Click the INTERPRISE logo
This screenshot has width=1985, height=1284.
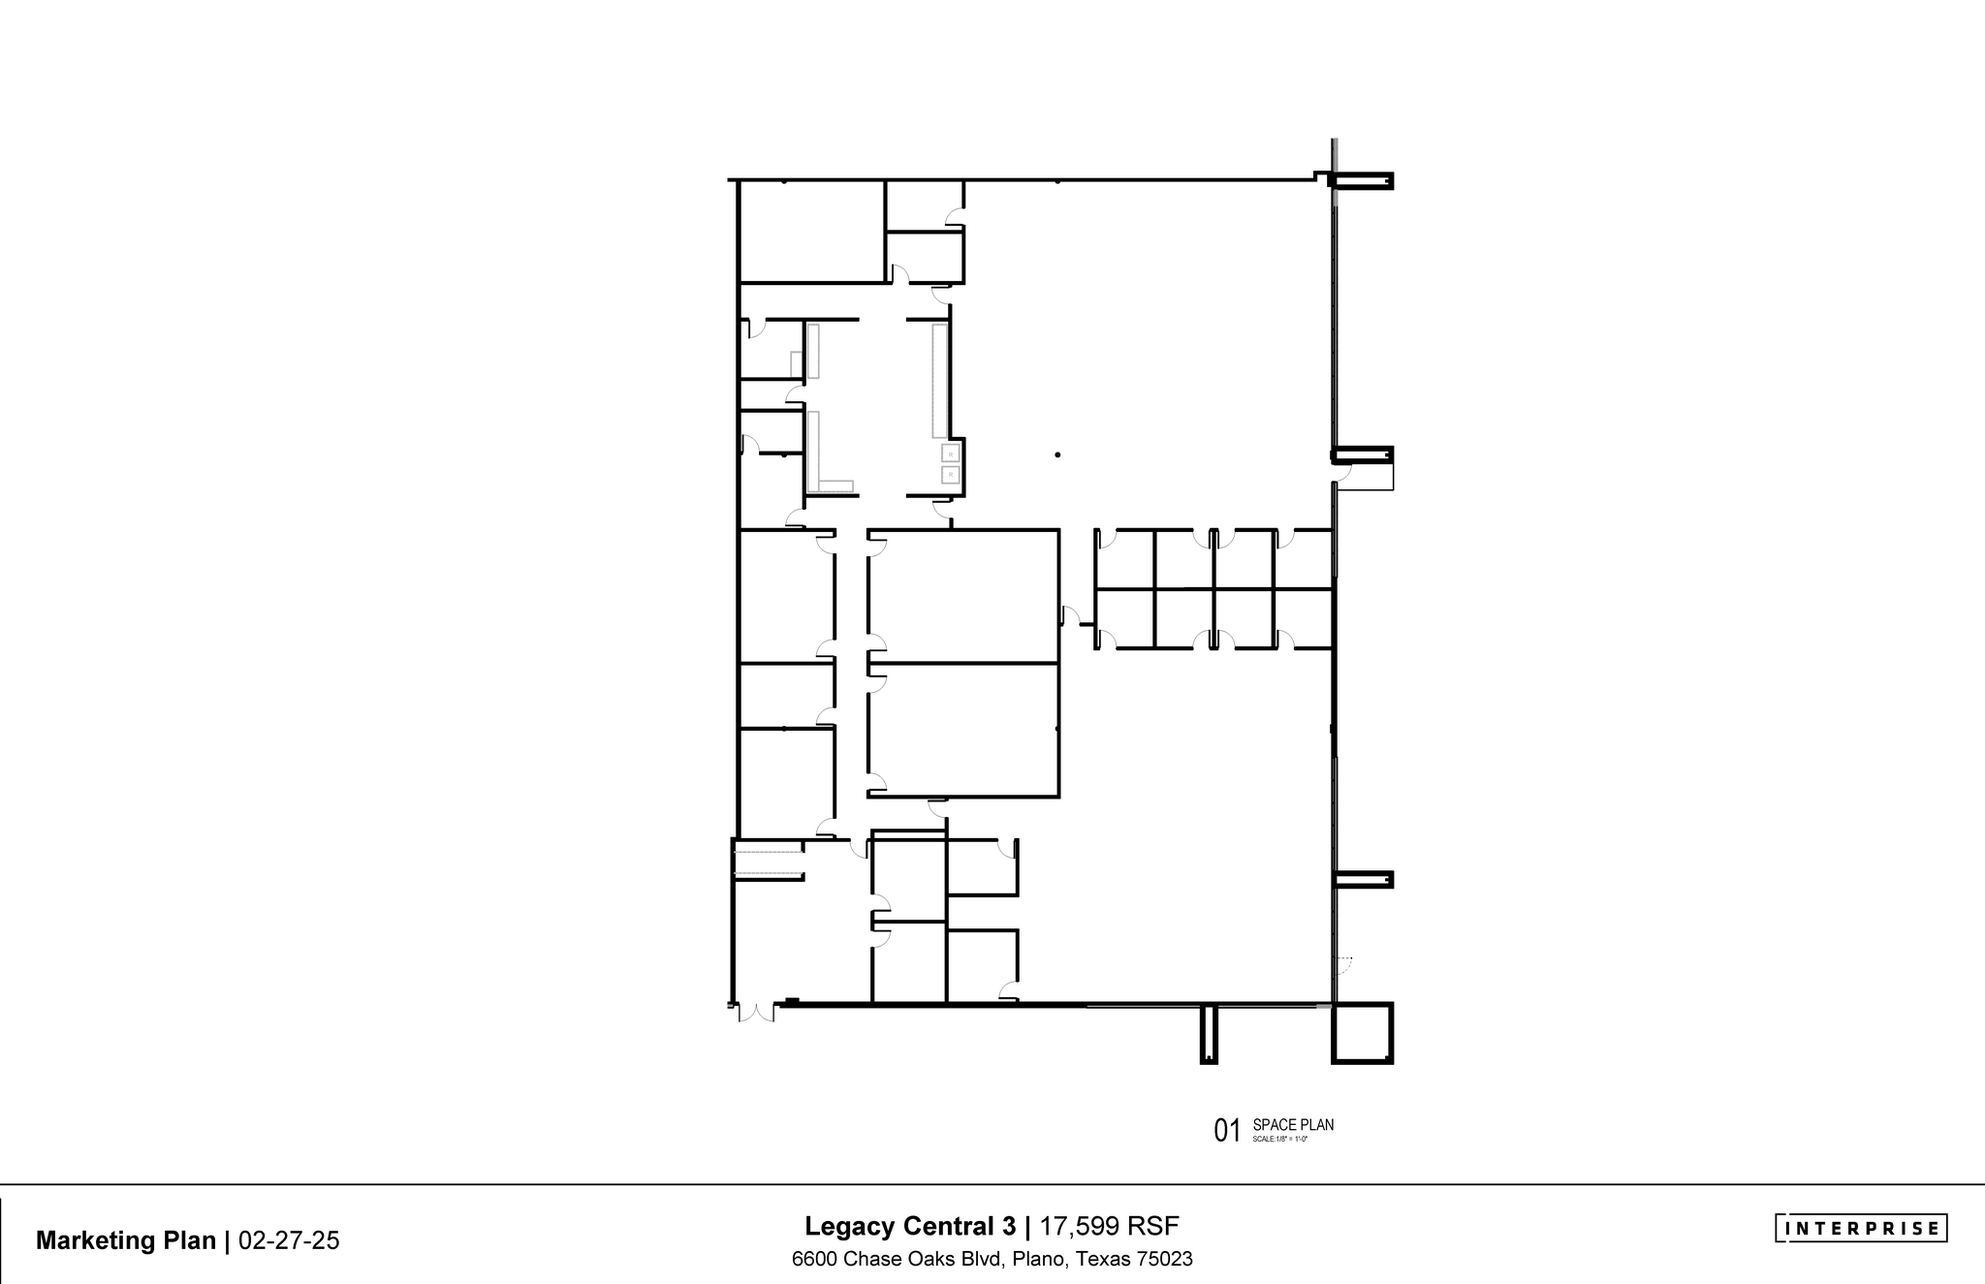[x=1861, y=1229]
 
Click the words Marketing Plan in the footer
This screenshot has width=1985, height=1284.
[x=126, y=1241]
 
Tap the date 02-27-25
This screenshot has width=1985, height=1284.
[x=289, y=1241]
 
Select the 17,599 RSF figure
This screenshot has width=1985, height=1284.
[x=1109, y=1227]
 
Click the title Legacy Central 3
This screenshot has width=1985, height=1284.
[x=910, y=1227]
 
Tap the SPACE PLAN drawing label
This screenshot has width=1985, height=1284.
[x=1293, y=1125]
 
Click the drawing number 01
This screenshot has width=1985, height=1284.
[x=1227, y=1131]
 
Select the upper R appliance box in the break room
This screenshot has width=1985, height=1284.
[x=951, y=454]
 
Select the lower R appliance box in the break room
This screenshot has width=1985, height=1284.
[x=951, y=475]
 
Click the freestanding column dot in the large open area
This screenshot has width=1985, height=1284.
[x=1057, y=454]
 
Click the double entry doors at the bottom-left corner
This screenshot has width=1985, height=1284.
[x=755, y=1013]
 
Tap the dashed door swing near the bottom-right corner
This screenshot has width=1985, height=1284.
[x=1343, y=964]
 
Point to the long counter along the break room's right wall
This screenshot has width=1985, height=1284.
[x=938, y=381]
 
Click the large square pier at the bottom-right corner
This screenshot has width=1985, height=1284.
[x=1363, y=1033]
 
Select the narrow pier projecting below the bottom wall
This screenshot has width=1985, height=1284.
[x=1209, y=1034]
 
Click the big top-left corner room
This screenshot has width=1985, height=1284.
[x=812, y=232]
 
